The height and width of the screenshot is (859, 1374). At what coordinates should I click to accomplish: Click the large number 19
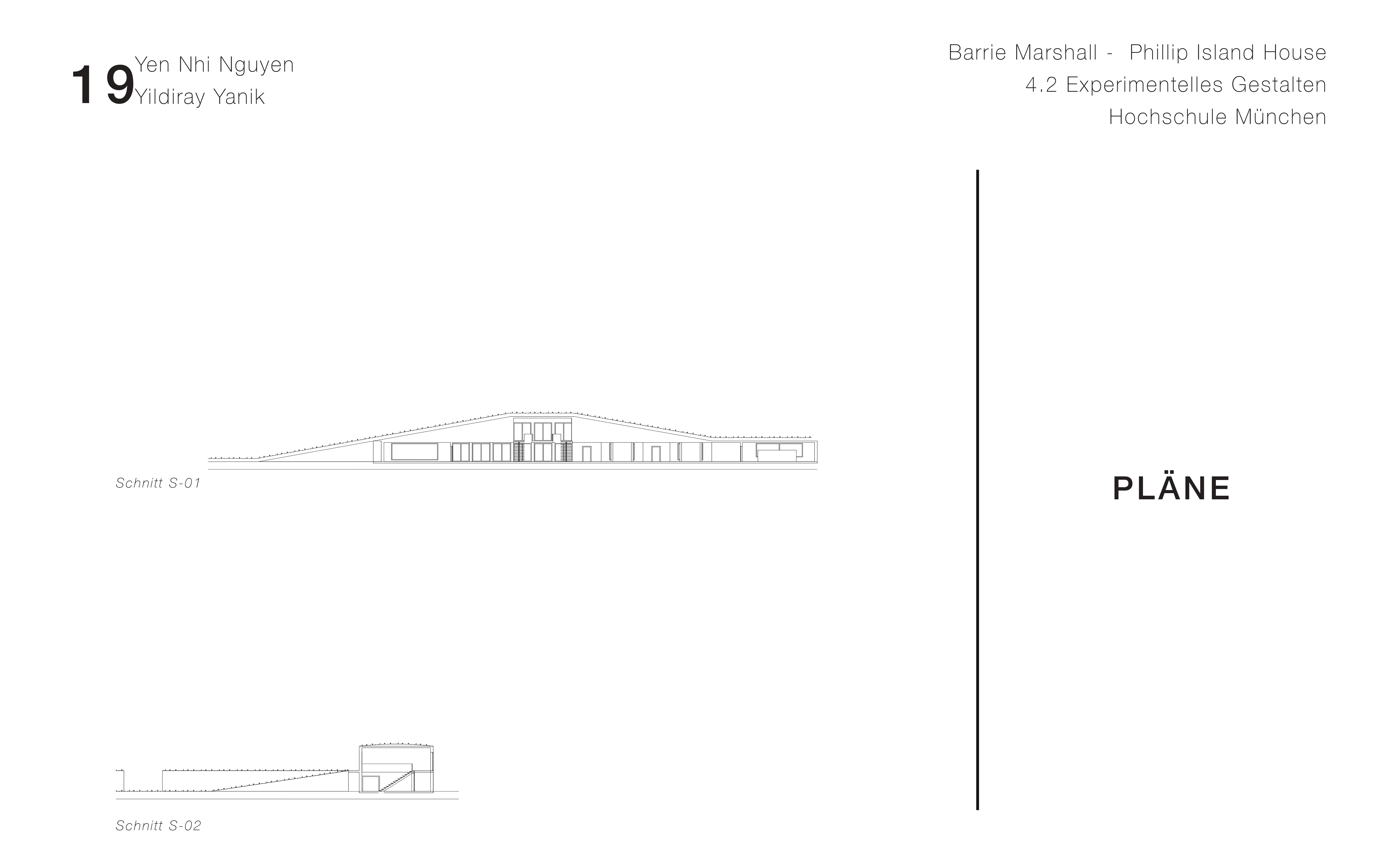[x=102, y=86]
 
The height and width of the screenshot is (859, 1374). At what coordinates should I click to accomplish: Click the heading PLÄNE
[x=1171, y=489]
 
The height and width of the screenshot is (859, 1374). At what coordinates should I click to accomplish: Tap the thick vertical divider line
[x=978, y=489]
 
